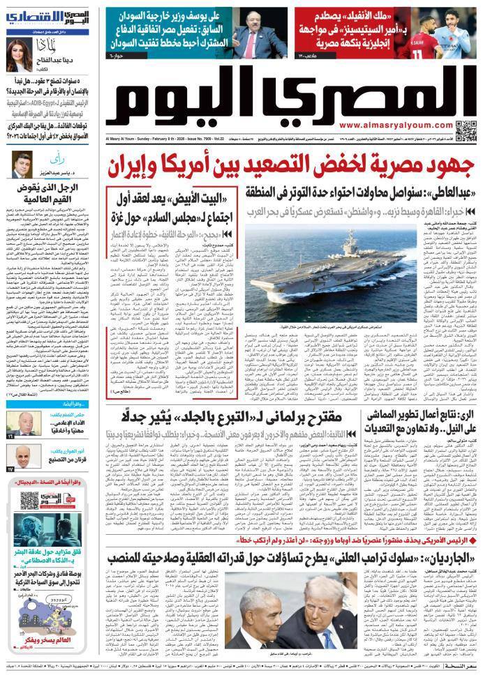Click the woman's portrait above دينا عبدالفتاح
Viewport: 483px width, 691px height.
[x=23, y=54]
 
